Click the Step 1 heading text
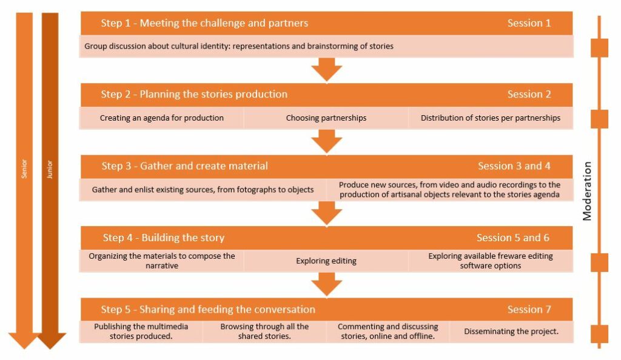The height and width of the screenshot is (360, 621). click(204, 24)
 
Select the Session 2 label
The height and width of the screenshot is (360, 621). click(529, 95)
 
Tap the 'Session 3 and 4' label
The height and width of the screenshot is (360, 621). click(514, 166)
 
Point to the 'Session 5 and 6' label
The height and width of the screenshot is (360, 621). click(513, 238)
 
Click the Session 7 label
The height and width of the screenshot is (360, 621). click(529, 309)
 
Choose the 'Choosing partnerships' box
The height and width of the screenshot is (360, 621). click(326, 118)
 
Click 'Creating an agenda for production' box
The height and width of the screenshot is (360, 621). click(162, 118)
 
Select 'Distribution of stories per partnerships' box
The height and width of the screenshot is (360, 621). click(490, 118)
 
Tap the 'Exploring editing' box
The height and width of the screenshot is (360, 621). click(326, 261)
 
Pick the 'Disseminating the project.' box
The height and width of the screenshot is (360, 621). click(511, 332)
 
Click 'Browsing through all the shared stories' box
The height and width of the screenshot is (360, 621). click(264, 332)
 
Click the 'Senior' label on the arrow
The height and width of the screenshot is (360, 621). click(24, 169)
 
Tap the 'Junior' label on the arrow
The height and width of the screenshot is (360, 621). click(50, 169)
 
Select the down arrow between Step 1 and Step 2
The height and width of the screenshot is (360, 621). click(327, 69)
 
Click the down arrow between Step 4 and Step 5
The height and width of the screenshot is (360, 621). click(327, 284)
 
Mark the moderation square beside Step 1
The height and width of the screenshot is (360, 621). click(599, 47)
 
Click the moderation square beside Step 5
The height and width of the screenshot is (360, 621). click(599, 333)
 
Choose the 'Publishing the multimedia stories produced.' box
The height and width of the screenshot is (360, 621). click(141, 332)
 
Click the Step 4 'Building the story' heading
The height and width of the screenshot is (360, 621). click(163, 238)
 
